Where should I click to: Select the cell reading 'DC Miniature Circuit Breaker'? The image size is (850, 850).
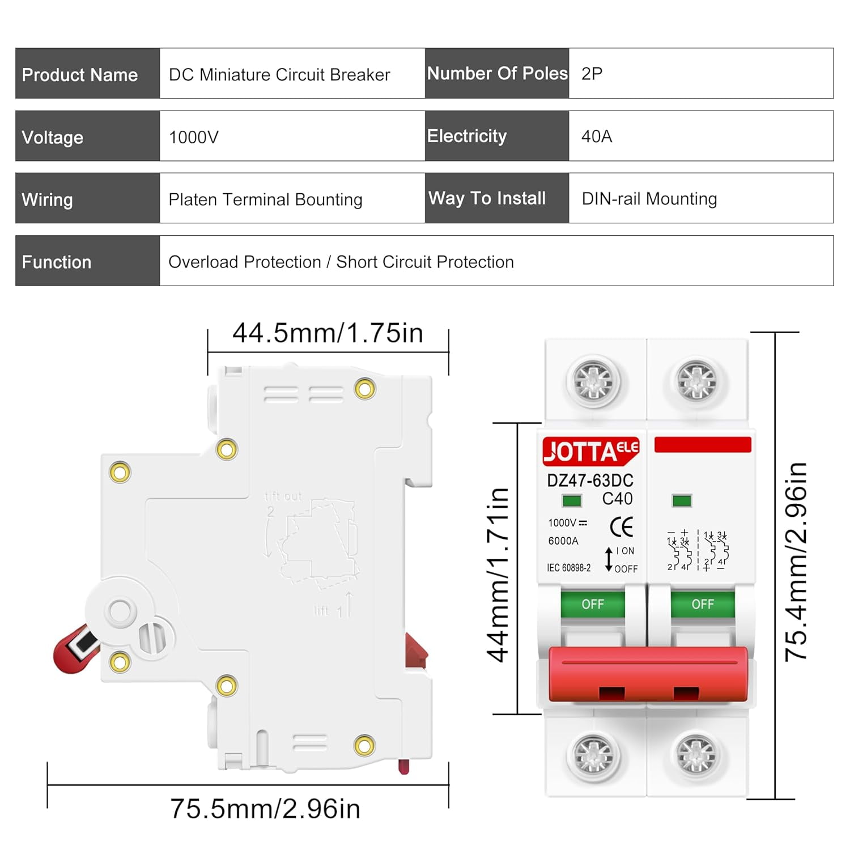coord(279,74)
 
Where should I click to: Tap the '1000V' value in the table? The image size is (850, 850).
coord(194,137)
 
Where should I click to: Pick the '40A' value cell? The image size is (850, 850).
coord(597,136)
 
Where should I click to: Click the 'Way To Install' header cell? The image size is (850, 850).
coord(487,198)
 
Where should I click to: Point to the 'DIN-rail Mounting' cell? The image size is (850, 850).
coord(649,199)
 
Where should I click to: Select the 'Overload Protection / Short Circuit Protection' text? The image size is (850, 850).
coord(341,262)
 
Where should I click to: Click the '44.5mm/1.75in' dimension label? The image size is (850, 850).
coord(328,333)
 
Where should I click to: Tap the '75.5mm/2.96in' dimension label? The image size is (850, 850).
coord(265,809)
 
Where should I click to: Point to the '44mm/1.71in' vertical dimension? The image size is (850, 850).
coord(498,575)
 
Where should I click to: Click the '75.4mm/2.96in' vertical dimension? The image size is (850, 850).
coord(796,562)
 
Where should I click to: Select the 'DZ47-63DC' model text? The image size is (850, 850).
coord(590,481)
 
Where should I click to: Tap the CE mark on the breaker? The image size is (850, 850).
coord(622,527)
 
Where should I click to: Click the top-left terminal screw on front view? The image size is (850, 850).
coord(593,380)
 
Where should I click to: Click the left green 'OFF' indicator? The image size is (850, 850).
coord(593,604)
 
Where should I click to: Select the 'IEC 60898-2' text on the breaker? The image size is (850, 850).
coord(568,568)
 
